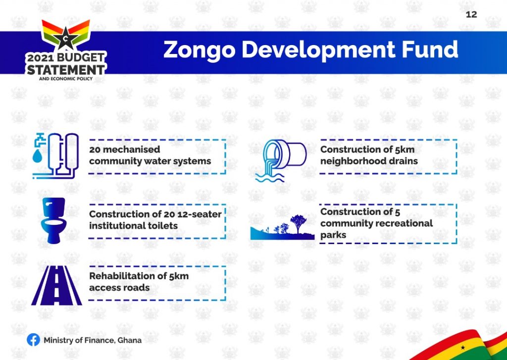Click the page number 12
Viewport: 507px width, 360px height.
tap(471, 14)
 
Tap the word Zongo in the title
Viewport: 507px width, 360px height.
tap(199, 50)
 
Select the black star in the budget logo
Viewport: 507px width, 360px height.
tap(66, 37)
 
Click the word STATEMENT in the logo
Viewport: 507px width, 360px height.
tap(66, 69)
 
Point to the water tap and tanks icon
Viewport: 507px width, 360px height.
tap(55, 155)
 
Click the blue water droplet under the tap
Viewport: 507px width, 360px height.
tap(38, 155)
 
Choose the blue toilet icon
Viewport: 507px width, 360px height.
tap(53, 220)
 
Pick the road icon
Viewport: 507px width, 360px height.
tap(56, 285)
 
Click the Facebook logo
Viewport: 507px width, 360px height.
tap(33, 340)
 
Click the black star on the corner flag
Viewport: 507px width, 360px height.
tap(463, 348)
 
